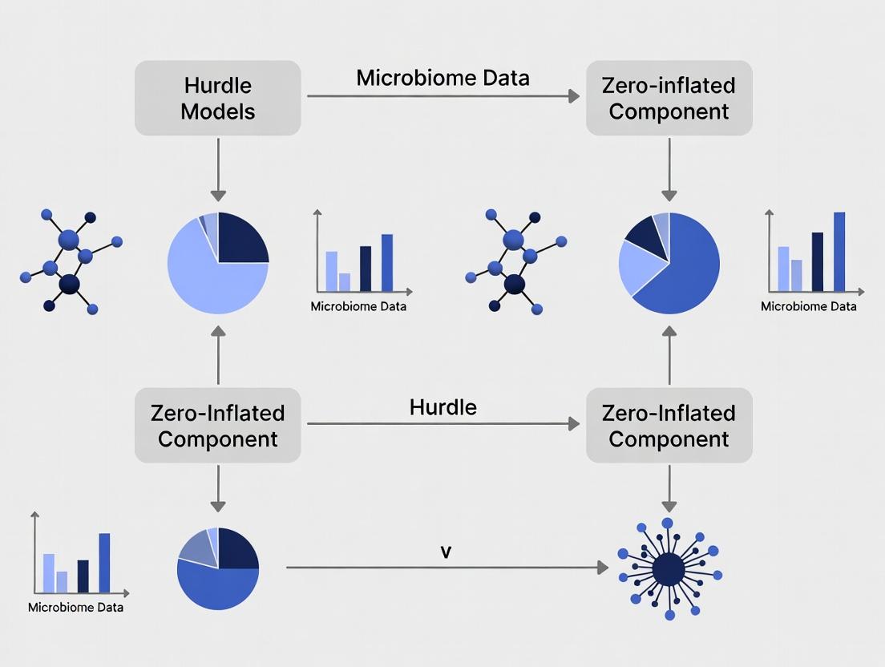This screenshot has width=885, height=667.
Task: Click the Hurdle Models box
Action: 217,98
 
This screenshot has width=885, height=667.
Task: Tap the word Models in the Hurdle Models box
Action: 217,111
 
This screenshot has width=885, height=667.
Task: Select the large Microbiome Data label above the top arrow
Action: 442,78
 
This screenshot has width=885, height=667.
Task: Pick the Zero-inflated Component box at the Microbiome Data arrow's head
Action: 669,98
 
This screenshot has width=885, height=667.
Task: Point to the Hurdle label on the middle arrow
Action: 442,406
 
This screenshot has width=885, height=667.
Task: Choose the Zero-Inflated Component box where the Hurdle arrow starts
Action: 217,426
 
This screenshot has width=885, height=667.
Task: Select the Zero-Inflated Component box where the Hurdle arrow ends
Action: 669,426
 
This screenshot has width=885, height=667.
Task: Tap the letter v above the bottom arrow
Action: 446,552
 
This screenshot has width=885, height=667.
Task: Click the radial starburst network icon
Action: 668,569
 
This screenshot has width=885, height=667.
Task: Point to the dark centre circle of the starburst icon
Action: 668,570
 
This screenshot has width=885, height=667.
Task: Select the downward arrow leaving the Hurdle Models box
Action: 218,168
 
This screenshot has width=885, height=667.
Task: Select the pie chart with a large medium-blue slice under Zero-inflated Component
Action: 669,263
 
